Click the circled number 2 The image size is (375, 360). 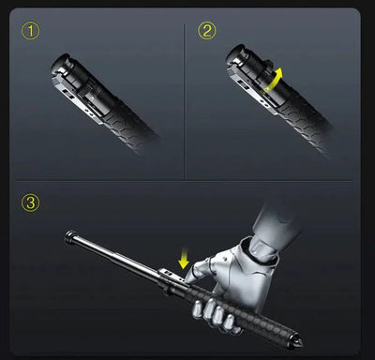coord(206,32)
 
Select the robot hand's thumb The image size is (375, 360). coord(200,273)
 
